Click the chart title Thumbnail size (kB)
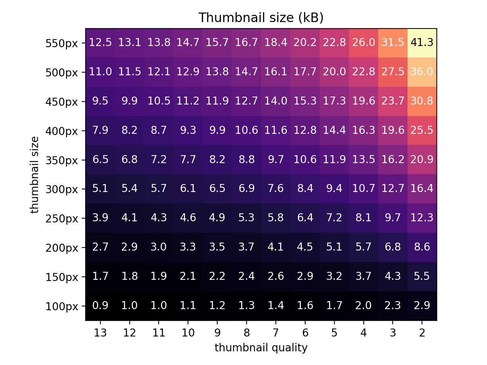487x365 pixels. pos(261,18)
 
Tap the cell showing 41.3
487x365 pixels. pos(422,43)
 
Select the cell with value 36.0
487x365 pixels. pos(422,72)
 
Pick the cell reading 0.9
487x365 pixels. pos(100,306)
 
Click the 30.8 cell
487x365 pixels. pos(422,101)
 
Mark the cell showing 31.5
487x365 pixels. pos(393,43)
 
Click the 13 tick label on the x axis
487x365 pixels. pos(100,333)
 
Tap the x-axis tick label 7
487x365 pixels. pos(276,333)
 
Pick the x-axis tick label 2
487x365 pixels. pos(422,333)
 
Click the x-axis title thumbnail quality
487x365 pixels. pos(261,348)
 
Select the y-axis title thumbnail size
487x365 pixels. pos(35,175)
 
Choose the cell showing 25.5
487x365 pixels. pos(422,130)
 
